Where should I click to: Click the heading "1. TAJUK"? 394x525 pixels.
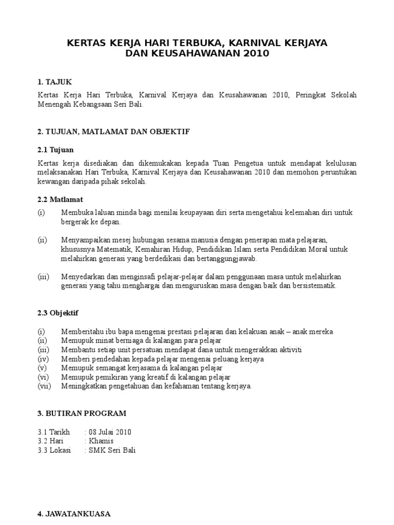pyautogui.click(x=55, y=82)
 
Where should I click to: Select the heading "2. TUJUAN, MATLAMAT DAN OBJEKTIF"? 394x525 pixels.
pyautogui.click(x=114, y=132)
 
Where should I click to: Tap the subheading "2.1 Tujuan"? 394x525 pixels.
pyautogui.click(x=56, y=150)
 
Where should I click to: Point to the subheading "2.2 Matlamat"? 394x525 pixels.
pyautogui.click(x=61, y=199)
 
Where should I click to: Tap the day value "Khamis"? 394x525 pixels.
pyautogui.click(x=102, y=441)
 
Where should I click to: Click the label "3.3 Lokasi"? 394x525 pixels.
pyautogui.click(x=54, y=450)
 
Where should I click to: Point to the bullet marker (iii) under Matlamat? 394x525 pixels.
pyautogui.click(x=44, y=277)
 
